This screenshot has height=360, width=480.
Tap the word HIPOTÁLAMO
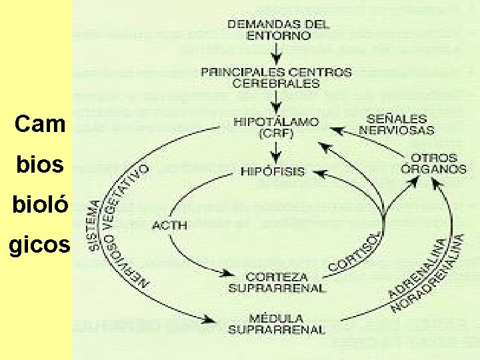pyautogui.click(x=276, y=123)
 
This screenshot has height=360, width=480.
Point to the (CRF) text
pyautogui.click(x=276, y=133)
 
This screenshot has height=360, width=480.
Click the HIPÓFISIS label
pyautogui.click(x=272, y=171)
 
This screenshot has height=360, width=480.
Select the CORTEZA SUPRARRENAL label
pyautogui.click(x=277, y=282)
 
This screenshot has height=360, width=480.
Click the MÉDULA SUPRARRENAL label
pyautogui.click(x=277, y=323)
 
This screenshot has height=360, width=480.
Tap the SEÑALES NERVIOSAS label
pyautogui.click(x=397, y=125)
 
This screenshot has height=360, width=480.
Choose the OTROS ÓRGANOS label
pyautogui.click(x=433, y=164)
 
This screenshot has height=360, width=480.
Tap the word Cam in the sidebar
pyautogui.click(x=41, y=124)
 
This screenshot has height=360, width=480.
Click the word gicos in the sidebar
pyautogui.click(x=39, y=245)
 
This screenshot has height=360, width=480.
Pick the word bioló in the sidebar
pyautogui.click(x=40, y=205)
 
